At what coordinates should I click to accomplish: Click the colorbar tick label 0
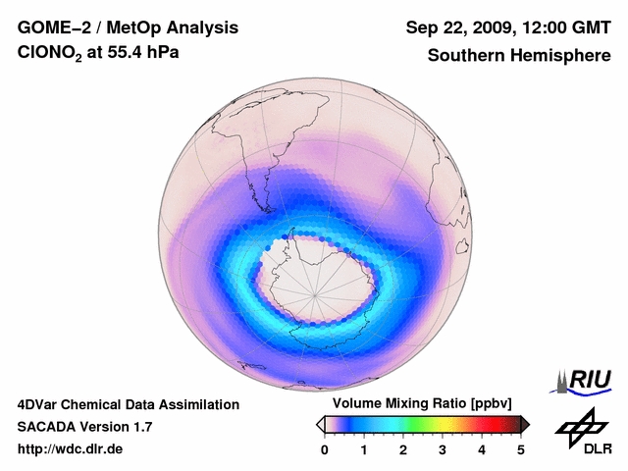click(325, 449)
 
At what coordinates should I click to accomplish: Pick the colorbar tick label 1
click(364, 449)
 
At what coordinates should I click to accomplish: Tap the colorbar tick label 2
click(403, 449)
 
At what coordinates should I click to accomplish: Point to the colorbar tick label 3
click(443, 449)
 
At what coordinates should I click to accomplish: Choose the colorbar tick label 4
click(482, 449)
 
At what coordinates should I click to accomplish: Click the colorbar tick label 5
click(521, 449)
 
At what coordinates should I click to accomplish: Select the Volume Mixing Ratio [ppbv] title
click(422, 404)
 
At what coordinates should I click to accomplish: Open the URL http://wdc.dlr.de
click(71, 449)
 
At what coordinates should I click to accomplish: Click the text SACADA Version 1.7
click(84, 427)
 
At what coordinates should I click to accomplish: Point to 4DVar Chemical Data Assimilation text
click(129, 404)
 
